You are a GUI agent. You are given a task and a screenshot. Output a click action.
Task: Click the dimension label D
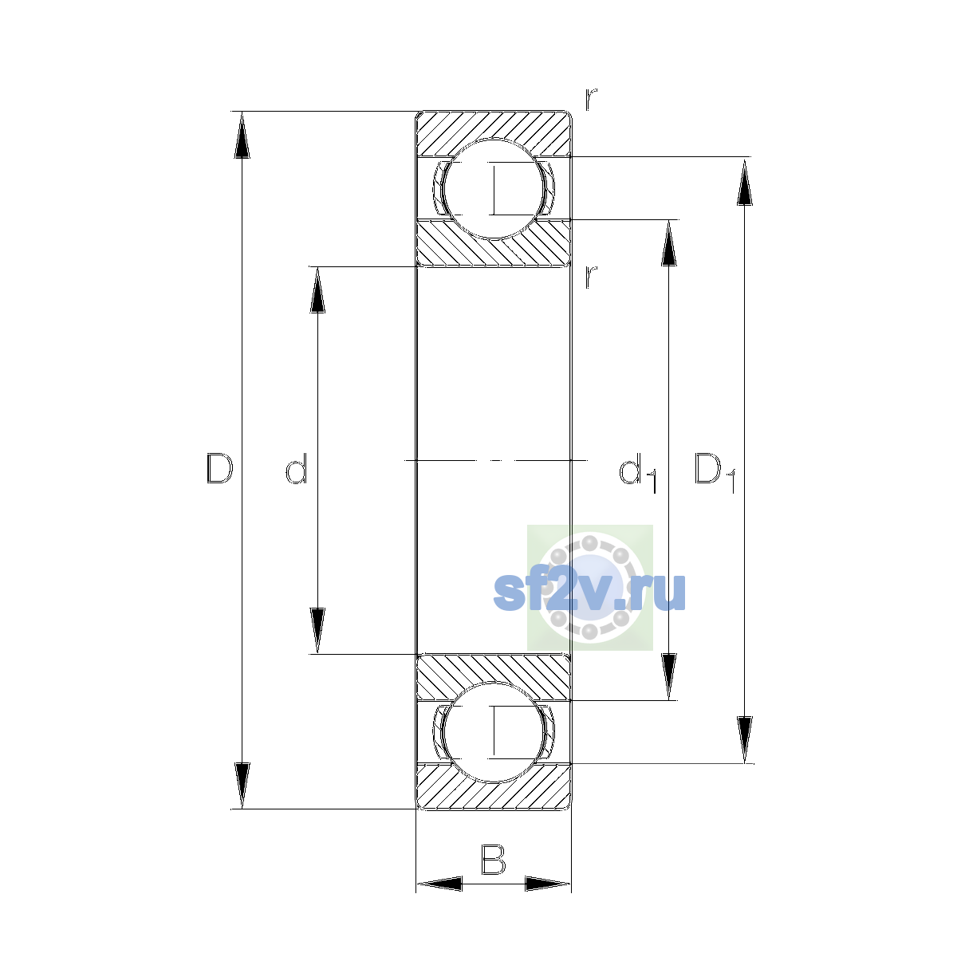point(219,468)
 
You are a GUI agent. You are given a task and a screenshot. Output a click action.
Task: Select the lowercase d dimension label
point(297,468)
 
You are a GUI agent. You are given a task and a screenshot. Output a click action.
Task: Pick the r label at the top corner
point(590,100)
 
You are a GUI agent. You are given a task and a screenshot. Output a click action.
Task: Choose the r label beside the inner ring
point(590,278)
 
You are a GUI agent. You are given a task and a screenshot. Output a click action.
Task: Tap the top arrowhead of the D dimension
point(242,135)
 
